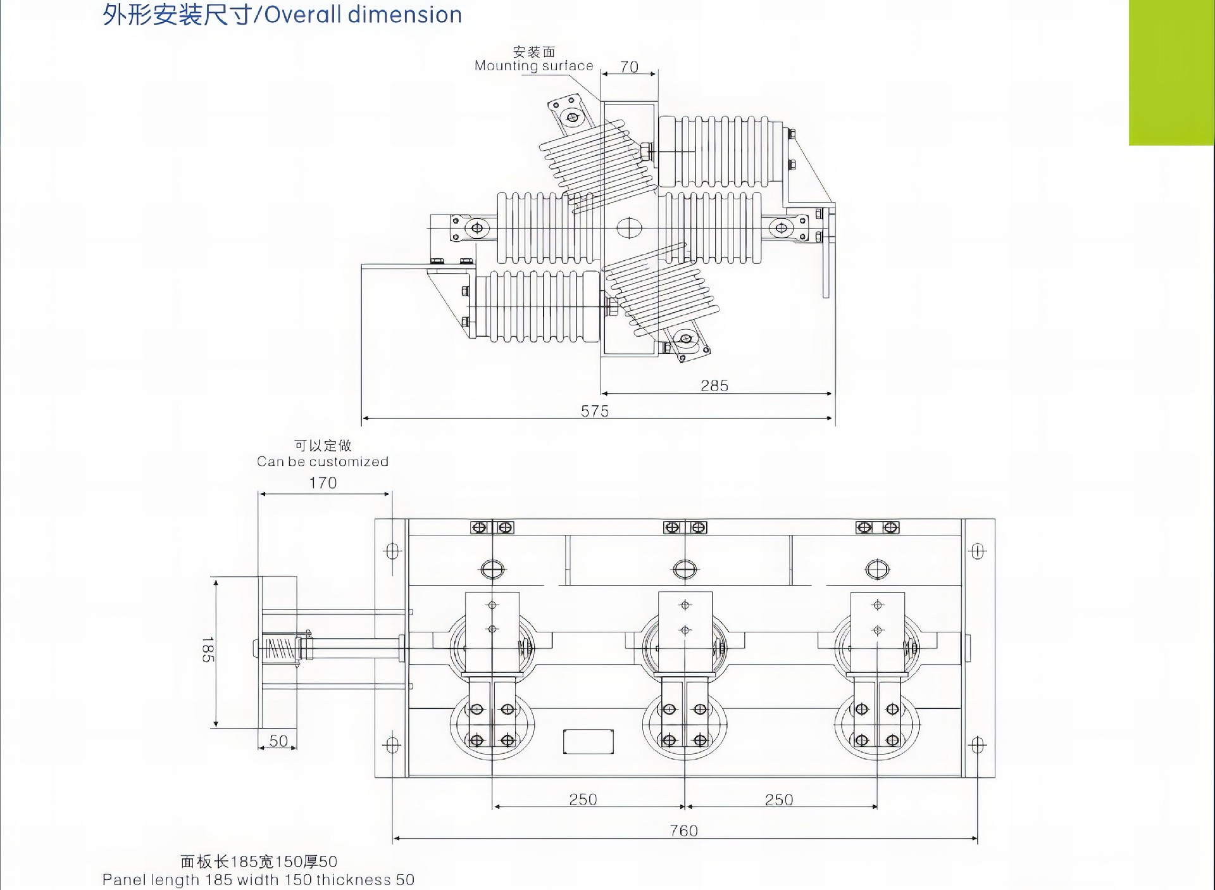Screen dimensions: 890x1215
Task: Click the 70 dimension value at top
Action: (629, 66)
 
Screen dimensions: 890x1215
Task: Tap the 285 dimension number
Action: (714, 385)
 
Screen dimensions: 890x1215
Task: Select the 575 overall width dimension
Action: (595, 411)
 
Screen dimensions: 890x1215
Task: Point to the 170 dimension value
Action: (323, 483)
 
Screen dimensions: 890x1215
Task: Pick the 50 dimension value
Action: (278, 741)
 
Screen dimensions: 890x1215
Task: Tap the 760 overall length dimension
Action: (684, 830)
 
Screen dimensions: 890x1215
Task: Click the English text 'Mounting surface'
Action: (534, 66)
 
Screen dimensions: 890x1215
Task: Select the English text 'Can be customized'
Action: (323, 461)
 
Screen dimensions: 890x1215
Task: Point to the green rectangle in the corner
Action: (1171, 72)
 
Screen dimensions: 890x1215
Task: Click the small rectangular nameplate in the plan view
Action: (589, 741)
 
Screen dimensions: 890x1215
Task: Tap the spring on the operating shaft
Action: (279, 649)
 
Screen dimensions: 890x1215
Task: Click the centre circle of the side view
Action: (629, 228)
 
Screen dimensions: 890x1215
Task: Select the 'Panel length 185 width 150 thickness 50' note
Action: (258, 880)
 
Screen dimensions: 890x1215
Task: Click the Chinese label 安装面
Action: (534, 52)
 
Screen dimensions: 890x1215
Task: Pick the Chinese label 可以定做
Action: (323, 446)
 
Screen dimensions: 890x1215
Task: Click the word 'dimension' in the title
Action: (408, 15)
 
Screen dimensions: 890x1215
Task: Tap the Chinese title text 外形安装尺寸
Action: (177, 15)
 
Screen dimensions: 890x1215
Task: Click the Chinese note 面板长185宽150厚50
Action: (259, 862)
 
